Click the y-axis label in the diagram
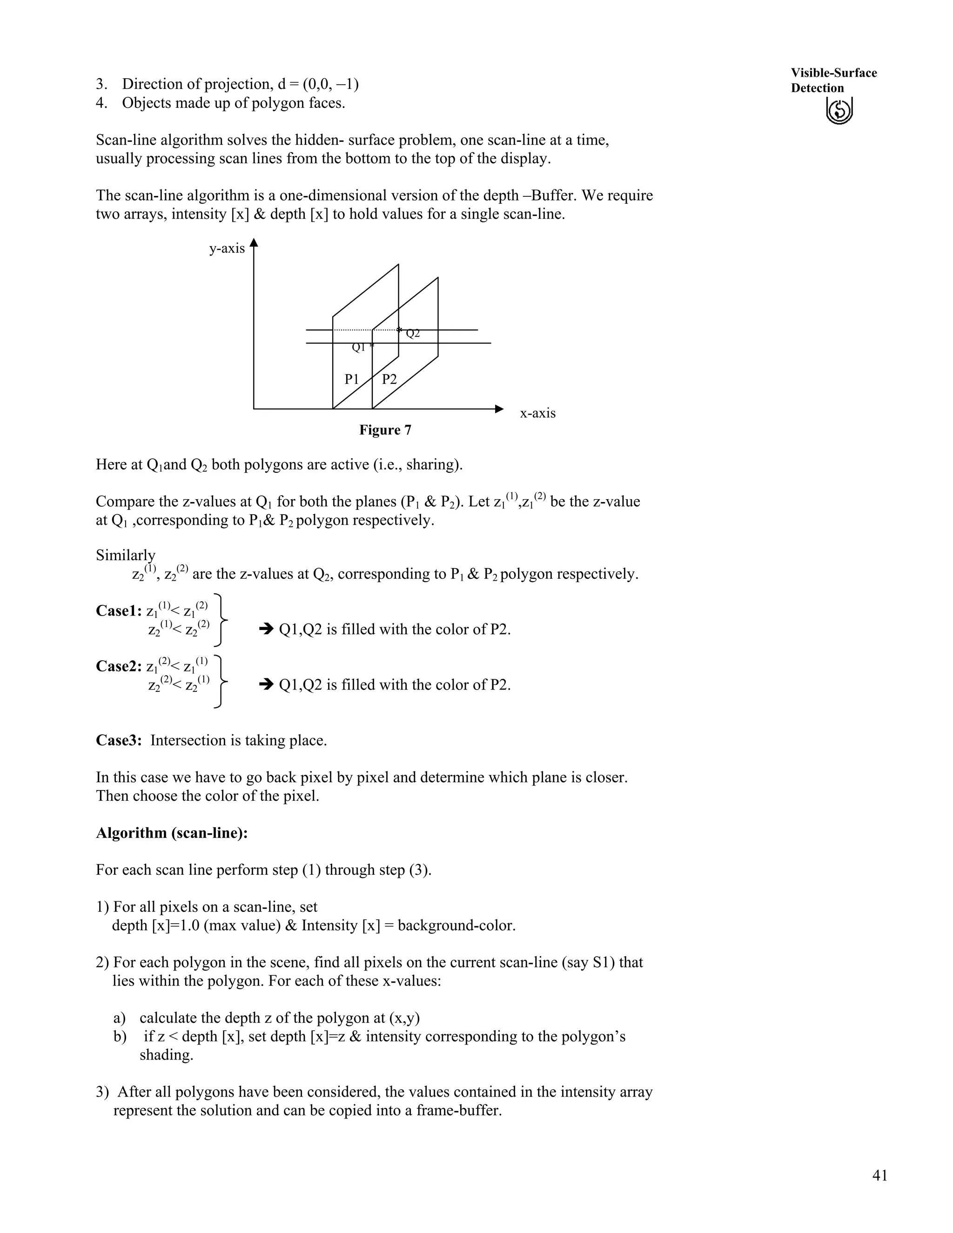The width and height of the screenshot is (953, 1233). click(227, 248)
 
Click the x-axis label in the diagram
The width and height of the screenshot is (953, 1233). click(537, 413)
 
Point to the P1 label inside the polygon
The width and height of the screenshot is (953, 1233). click(352, 379)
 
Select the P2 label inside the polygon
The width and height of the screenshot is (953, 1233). click(389, 379)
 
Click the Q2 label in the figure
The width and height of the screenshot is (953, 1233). click(413, 334)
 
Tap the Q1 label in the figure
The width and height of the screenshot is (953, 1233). click(358, 348)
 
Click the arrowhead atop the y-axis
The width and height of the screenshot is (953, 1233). click(254, 243)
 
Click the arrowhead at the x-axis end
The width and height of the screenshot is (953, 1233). click(498, 409)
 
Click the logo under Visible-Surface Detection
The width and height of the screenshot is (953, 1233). click(839, 110)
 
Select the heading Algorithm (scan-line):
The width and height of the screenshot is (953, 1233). click(172, 833)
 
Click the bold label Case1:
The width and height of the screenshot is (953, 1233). click(119, 611)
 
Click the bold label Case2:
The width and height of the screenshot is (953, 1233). click(119, 666)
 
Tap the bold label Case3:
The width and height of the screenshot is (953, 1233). click(119, 741)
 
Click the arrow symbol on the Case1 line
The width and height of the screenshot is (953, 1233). click(265, 629)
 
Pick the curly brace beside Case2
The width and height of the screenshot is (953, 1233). click(221, 682)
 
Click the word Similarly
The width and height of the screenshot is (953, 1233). click(125, 556)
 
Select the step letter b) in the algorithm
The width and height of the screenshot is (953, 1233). click(120, 1037)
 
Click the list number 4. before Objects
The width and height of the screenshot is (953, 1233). click(101, 103)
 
